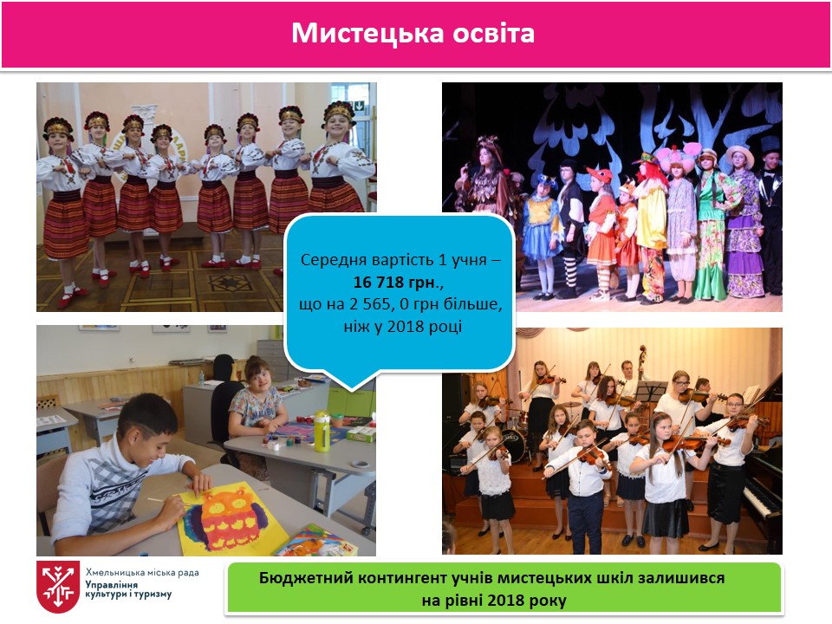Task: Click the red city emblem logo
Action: click(x=58, y=587)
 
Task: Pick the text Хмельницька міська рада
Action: click(x=142, y=572)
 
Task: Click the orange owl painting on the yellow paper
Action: click(x=227, y=518)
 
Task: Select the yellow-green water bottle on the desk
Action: click(x=322, y=431)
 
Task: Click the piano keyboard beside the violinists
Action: click(x=762, y=500)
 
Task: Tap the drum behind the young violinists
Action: click(x=513, y=444)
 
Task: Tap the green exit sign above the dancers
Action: click(x=359, y=107)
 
